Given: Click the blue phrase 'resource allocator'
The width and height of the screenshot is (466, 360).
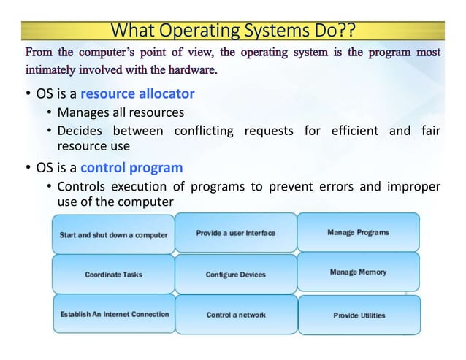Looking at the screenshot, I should click(137, 94).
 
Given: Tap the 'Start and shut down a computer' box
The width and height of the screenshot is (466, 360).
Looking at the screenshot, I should click(113, 235).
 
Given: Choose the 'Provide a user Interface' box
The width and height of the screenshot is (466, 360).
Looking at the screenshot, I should click(235, 233).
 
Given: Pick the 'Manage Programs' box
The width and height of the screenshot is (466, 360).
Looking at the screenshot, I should click(358, 232).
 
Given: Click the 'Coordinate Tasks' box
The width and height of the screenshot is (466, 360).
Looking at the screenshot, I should click(113, 275).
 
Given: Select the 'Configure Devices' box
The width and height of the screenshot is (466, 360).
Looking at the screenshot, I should click(235, 275).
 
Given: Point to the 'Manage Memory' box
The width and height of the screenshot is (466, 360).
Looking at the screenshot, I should click(358, 272).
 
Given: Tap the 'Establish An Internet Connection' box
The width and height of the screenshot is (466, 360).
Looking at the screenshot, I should click(113, 314).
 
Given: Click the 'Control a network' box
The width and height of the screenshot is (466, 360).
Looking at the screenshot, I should click(235, 315).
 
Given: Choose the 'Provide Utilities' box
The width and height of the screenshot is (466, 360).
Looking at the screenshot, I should click(359, 315).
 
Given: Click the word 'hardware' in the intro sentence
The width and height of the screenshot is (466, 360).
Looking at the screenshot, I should click(189, 71).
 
